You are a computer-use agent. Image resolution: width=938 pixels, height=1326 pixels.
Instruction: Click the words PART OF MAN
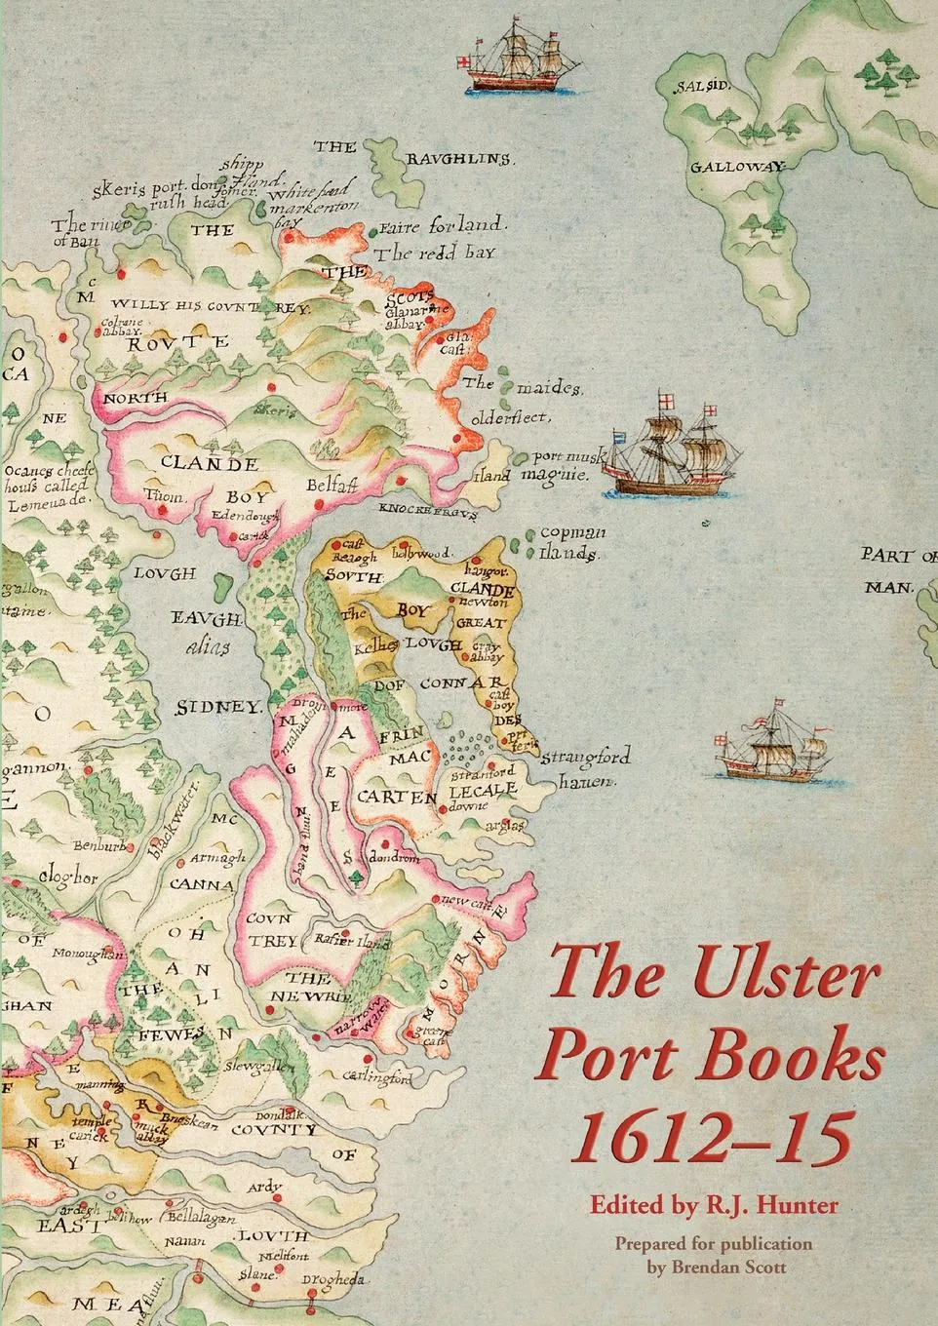pyautogui.click(x=897, y=570)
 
